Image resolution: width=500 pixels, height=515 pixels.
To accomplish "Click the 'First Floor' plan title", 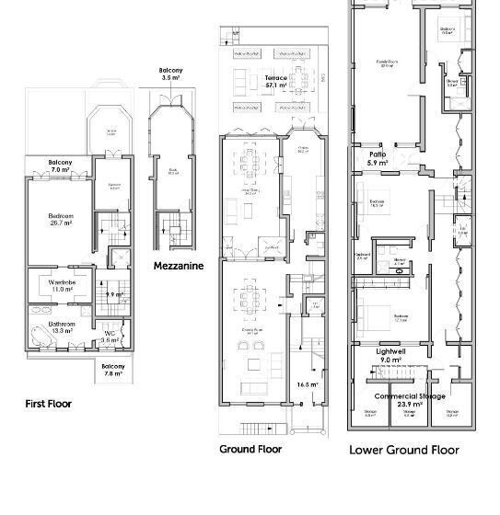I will tap(47, 403).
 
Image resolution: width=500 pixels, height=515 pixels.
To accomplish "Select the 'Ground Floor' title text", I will tap(250, 449).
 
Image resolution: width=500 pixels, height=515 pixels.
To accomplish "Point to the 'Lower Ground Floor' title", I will tap(403, 451).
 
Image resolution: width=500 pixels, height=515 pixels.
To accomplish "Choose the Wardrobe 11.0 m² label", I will tap(63, 285).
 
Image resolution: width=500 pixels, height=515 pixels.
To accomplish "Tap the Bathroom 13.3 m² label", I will tap(63, 328).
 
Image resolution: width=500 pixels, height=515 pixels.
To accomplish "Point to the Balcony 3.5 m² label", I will tap(171, 74).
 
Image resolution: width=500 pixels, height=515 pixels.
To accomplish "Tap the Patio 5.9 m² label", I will tap(378, 158).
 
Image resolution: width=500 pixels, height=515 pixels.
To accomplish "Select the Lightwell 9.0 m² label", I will tap(390, 356).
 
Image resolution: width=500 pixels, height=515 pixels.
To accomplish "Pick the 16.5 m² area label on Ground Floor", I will tap(307, 384).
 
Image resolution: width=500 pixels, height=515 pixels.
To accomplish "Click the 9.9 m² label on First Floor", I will tap(115, 294).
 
